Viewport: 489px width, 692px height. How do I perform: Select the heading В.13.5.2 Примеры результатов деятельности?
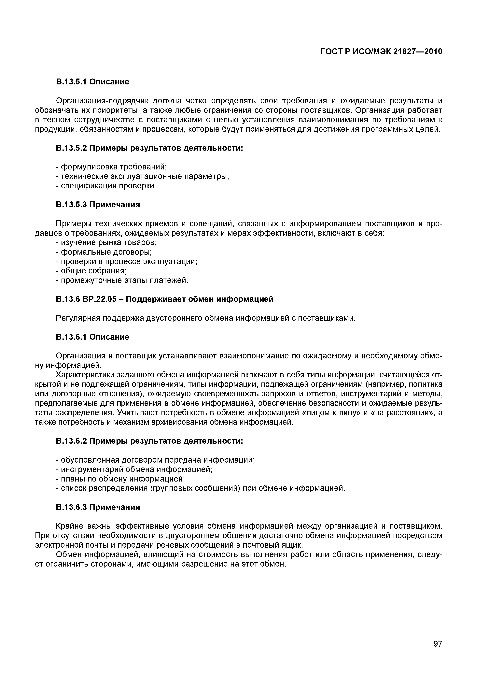coord(149,148)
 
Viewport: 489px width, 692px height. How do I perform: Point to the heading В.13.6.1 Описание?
coord(92,337)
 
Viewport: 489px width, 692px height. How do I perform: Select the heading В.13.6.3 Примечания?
coord(98,507)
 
